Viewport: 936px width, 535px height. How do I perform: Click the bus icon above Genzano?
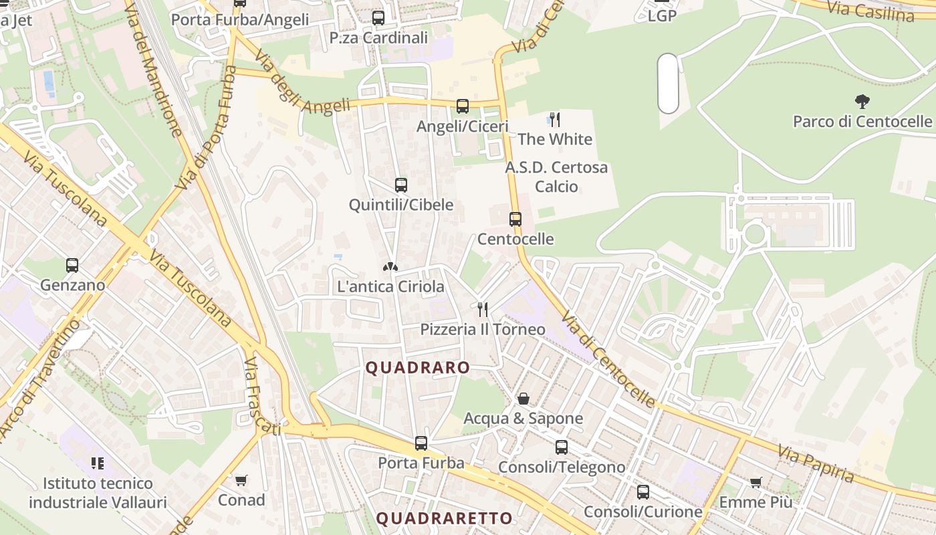coord(72,265)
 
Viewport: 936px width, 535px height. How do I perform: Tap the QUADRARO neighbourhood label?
coord(418,368)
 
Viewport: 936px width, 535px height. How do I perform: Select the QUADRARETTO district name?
coord(444,518)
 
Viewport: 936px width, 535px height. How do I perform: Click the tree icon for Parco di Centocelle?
coord(862,102)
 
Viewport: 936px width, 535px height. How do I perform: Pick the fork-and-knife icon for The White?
coord(554,120)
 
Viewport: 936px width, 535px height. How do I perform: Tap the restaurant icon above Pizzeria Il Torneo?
coord(482,309)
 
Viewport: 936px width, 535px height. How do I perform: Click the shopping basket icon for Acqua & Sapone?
coord(523,399)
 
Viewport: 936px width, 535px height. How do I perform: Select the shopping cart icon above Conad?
coord(241,480)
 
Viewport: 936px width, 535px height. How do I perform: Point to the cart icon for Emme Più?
coord(756,482)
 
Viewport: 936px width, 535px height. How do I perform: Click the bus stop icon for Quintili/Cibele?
coord(401,185)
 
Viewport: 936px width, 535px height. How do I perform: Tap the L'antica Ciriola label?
coord(390,287)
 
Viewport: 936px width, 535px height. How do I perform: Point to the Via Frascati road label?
coord(261,395)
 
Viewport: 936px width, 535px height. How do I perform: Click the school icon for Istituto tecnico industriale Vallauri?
coord(98,463)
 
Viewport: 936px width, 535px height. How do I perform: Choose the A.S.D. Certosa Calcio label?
coord(556,177)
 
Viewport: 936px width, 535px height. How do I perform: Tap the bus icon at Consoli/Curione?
coord(642,492)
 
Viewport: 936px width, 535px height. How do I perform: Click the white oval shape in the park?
coord(668,84)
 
